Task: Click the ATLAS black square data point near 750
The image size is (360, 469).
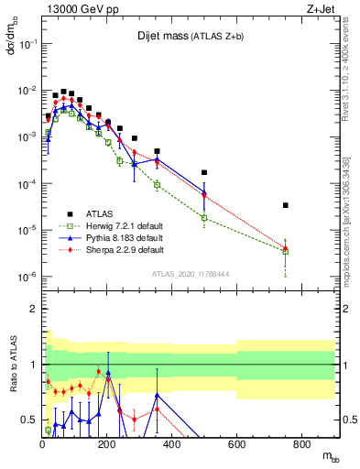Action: pyautogui.click(x=286, y=205)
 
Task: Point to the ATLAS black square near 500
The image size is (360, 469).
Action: pyautogui.click(x=204, y=172)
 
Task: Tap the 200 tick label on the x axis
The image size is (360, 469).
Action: pyautogui.click(x=107, y=445)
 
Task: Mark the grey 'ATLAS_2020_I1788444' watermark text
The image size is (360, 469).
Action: pyautogui.click(x=189, y=273)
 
